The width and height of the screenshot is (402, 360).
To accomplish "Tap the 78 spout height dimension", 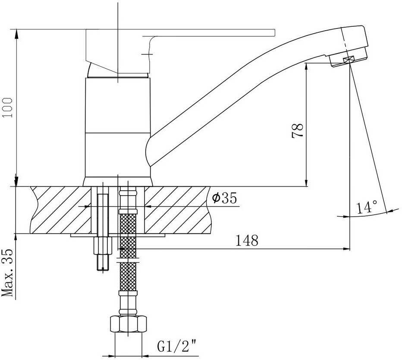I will point(298,130).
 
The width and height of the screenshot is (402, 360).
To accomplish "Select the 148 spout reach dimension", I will point(247,240).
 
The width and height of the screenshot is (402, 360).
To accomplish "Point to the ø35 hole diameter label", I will point(224,199).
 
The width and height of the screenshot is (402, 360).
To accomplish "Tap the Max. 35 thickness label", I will point(7,273).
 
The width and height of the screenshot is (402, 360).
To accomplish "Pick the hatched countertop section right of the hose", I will point(177,209).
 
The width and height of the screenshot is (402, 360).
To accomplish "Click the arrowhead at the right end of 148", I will point(346,249).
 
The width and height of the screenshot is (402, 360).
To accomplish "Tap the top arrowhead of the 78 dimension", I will point(306,66).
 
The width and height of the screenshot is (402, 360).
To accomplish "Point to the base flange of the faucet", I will point(118,182).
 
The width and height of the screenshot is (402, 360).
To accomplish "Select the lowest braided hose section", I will point(129,276).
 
